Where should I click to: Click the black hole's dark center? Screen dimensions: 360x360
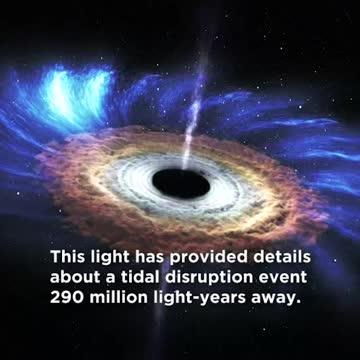[x=183, y=181]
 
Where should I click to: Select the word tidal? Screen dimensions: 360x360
[x=140, y=276]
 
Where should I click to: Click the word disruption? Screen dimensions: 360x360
[x=211, y=276]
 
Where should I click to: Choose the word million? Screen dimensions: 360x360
[x=122, y=297]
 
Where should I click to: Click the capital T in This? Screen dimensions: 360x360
[x=56, y=255]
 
